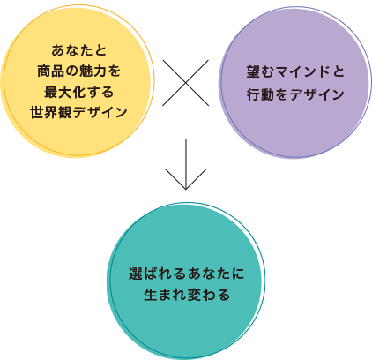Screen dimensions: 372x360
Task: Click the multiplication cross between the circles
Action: click(x=186, y=83)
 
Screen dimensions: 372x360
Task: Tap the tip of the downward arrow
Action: click(x=186, y=190)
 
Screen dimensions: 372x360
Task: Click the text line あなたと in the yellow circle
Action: click(x=78, y=50)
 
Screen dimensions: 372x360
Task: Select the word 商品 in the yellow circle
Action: click(x=48, y=71)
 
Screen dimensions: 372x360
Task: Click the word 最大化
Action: click(x=61, y=92)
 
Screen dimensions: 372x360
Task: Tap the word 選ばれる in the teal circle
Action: click(x=158, y=274)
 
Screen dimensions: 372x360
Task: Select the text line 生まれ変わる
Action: click(x=186, y=295)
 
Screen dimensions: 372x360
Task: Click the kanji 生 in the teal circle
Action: click(x=151, y=295)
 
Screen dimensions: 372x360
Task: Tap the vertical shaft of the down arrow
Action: click(x=186, y=164)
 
